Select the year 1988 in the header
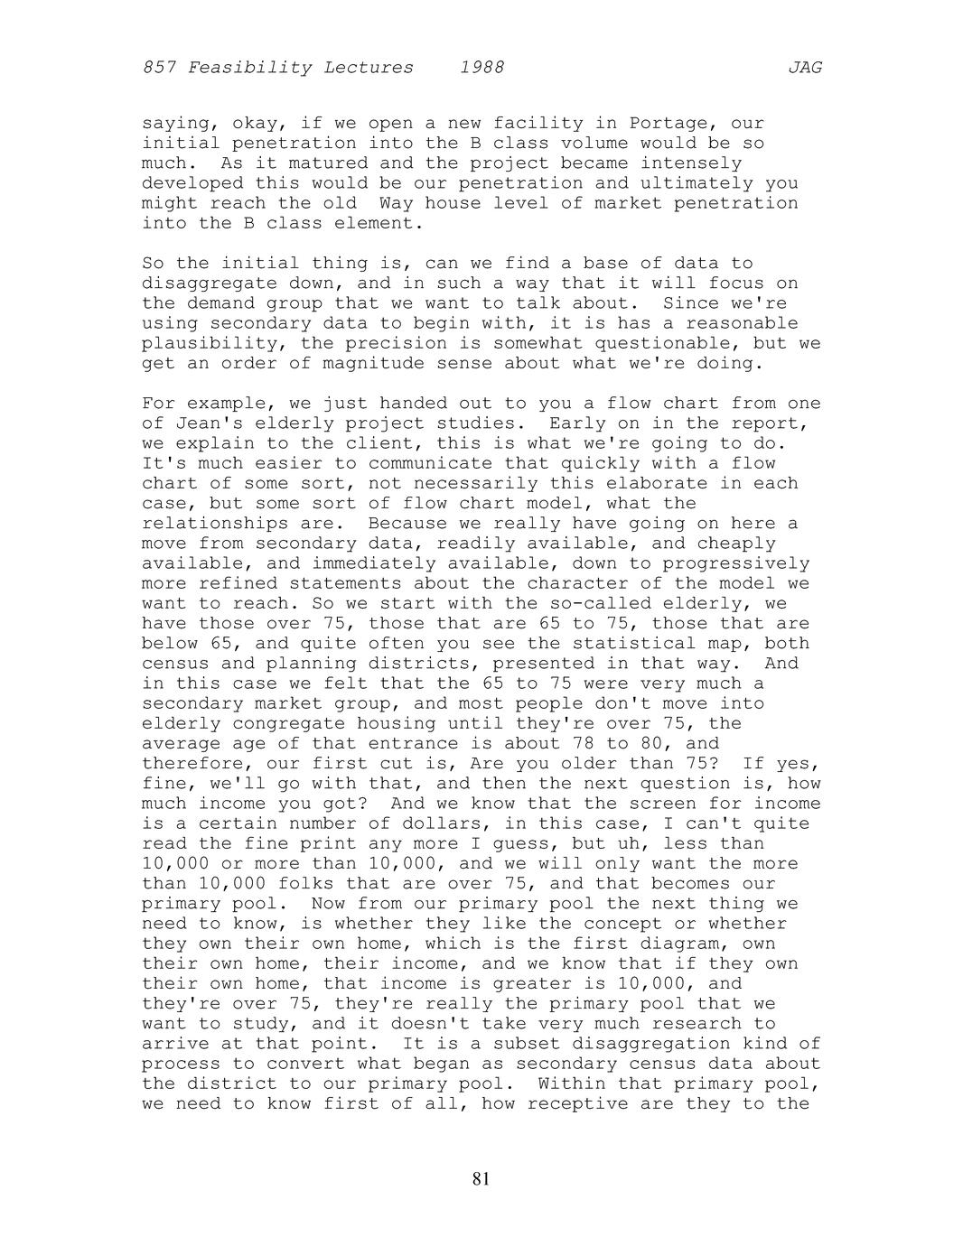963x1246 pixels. tap(481, 68)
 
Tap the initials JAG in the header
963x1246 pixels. tap(804, 68)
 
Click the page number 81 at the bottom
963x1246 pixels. tap(481, 1178)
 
